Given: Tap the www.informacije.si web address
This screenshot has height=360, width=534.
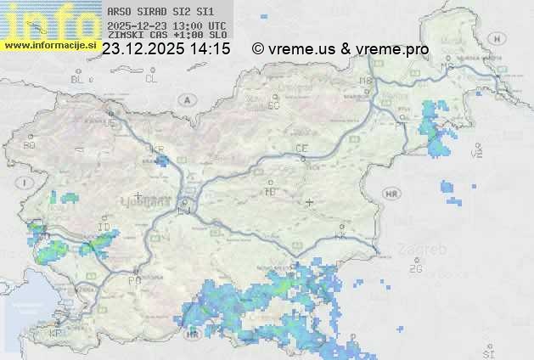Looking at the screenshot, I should coord(49,45).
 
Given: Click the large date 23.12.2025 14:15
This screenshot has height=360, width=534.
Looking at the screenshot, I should coord(166,49).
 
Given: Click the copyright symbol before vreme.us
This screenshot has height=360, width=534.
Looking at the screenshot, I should coord(258,49).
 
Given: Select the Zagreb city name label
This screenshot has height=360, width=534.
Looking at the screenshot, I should coord(426,250).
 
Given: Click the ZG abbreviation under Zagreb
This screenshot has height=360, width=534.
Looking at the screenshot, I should coord(415,269).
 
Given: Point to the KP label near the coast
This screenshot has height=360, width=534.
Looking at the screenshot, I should coord(56,334).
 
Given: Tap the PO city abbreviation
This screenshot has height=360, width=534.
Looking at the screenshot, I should coord(133,280).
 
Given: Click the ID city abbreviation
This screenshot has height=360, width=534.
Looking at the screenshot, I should coord(104,228).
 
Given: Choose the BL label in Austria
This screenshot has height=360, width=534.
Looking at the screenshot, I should coord(78,79).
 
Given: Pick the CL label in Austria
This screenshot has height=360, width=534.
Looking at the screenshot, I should coord(151,79).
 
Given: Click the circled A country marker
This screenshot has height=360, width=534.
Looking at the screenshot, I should coord(185,99).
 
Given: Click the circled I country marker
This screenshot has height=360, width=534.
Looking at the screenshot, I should coord(26,183).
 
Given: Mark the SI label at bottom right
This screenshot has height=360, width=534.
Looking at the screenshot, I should coord(487,352).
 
